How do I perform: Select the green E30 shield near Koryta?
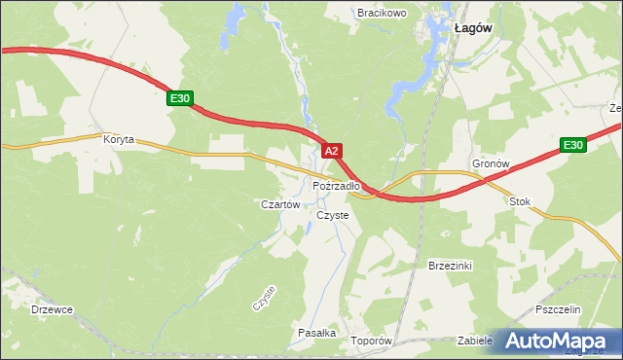pos(180,98)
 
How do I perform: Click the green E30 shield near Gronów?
pos(573,146)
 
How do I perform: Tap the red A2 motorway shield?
pos(332,151)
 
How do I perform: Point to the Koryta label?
pos(119,139)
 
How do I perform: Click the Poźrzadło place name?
pos(337,185)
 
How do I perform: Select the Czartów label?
pos(278,204)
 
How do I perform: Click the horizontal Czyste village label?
pos(333,215)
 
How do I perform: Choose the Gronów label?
pos(491,164)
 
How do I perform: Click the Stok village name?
pos(521,201)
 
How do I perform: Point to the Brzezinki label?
pos(450,265)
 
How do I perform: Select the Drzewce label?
pos(52,309)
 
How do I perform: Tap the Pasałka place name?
pos(316,333)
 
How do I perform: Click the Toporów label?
pos(371,341)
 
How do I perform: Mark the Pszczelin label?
pos(558,308)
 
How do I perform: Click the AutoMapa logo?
pos(555,342)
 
